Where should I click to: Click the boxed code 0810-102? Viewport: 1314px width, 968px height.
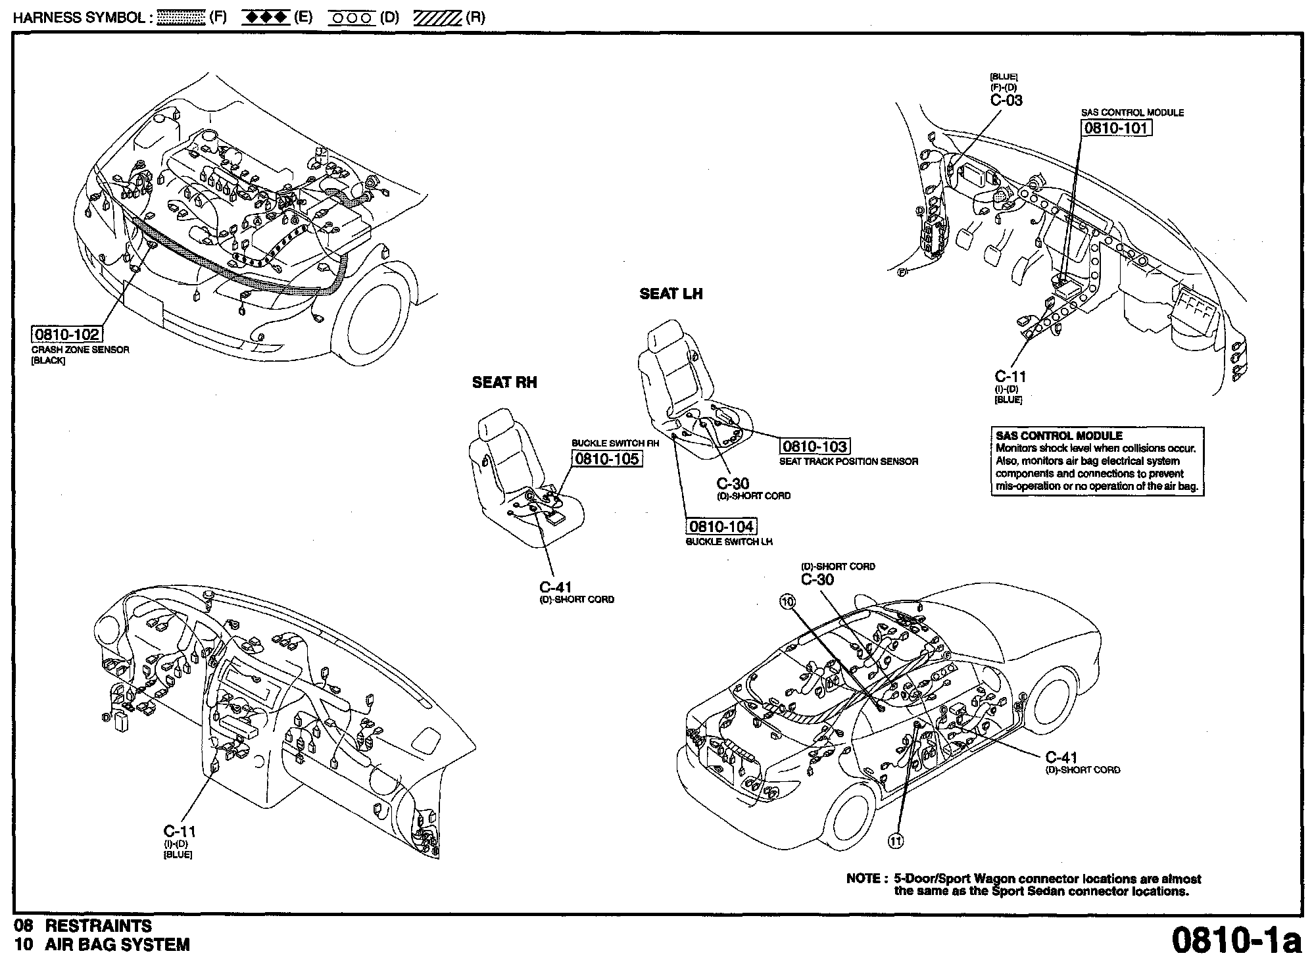click(67, 334)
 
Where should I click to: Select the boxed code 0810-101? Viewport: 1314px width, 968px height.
click(1116, 128)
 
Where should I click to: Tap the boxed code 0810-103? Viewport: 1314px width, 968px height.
click(814, 447)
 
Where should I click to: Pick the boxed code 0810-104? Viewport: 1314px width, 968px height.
click(721, 527)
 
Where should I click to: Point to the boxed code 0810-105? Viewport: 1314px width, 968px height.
click(606, 459)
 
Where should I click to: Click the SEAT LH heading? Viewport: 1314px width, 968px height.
click(671, 294)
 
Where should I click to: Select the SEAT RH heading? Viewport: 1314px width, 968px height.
click(504, 383)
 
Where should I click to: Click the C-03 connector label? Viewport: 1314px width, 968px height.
click(1006, 101)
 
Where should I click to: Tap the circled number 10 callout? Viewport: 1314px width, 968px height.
click(788, 600)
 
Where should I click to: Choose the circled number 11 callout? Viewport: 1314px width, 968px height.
click(896, 840)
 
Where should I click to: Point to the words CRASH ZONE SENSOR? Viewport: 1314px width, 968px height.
click(80, 350)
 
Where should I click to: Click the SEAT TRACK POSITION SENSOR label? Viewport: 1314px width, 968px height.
click(848, 462)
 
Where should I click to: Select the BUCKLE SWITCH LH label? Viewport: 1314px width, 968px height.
click(729, 542)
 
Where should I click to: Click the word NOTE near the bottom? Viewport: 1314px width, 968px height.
click(863, 879)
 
